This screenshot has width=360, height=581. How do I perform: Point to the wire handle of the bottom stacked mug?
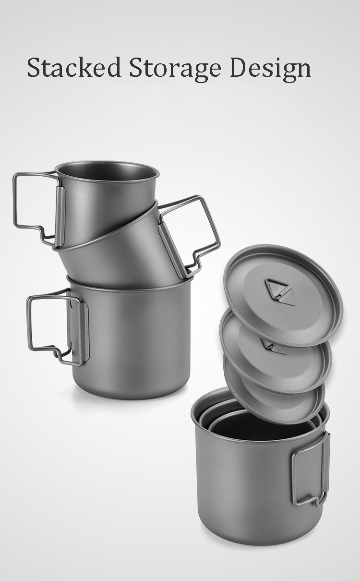click(28, 324)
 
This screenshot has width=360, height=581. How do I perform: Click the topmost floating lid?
click(283, 296)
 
